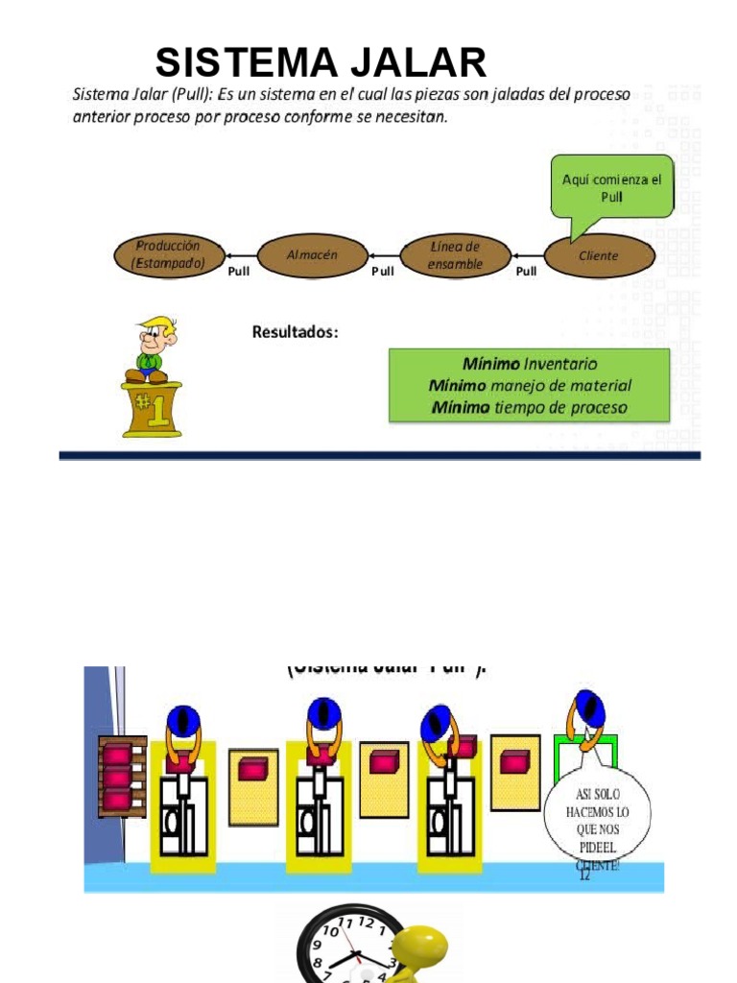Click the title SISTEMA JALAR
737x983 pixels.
pyautogui.click(x=321, y=63)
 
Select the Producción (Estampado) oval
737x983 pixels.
pyautogui.click(x=168, y=255)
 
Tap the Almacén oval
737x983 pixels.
pyautogui.click(x=313, y=255)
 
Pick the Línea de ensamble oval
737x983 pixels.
pyautogui.click(x=455, y=255)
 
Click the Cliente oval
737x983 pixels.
pyautogui.click(x=599, y=256)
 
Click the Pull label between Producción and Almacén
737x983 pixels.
pyautogui.click(x=239, y=272)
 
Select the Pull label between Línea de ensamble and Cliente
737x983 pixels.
pyautogui.click(x=526, y=272)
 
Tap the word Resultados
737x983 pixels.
pyautogui.click(x=295, y=332)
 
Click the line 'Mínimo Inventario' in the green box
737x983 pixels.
pyautogui.click(x=529, y=364)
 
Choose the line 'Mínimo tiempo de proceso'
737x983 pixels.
pyautogui.click(x=529, y=407)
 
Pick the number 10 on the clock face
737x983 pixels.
pyautogui.click(x=330, y=930)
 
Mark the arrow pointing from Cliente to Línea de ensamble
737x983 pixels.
pyautogui.click(x=527, y=256)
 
